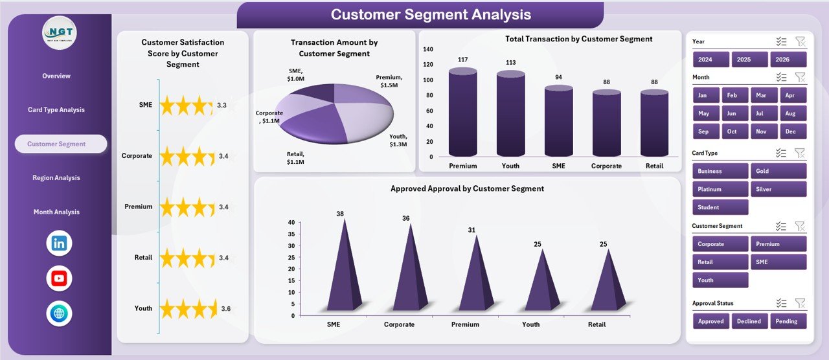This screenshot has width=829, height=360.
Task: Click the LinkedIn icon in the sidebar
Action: point(60,243)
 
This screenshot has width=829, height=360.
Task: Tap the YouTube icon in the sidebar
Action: point(60,278)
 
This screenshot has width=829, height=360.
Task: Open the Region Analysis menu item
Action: point(56,178)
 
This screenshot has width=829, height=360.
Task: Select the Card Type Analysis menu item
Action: point(56,110)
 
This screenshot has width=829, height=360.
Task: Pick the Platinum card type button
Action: point(720,189)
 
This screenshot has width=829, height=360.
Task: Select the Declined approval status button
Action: point(749,321)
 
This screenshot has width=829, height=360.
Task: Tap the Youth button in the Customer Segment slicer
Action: point(720,280)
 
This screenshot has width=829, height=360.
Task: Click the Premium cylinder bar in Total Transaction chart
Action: point(462,113)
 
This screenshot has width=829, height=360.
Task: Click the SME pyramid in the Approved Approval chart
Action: point(343,269)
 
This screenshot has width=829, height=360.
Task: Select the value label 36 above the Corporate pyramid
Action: point(406,218)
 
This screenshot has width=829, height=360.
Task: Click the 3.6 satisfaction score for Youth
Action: point(225,309)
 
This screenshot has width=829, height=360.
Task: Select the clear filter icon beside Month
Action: point(800,77)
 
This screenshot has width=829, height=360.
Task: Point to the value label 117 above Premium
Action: point(462,60)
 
